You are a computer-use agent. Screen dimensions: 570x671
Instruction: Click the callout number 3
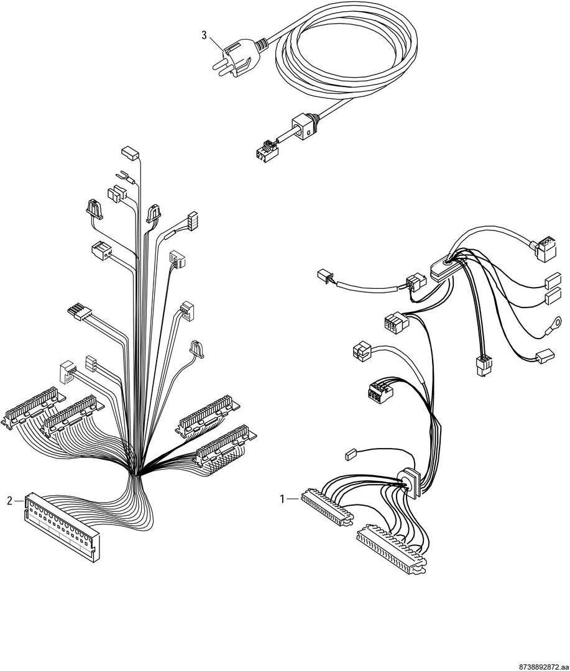205,35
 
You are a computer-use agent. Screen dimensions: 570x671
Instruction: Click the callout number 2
10,501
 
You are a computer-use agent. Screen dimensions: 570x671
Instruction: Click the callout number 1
282,499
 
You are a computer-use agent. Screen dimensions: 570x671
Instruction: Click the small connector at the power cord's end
266,152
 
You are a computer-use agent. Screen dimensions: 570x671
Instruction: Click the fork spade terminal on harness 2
122,175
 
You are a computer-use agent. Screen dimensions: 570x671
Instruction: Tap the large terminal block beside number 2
62,526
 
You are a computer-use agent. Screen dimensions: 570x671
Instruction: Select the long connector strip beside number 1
328,508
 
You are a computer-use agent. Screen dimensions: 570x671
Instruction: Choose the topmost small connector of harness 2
130,153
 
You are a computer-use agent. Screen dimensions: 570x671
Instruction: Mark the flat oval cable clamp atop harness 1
444,270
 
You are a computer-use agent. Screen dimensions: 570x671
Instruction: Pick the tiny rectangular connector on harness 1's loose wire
350,454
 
